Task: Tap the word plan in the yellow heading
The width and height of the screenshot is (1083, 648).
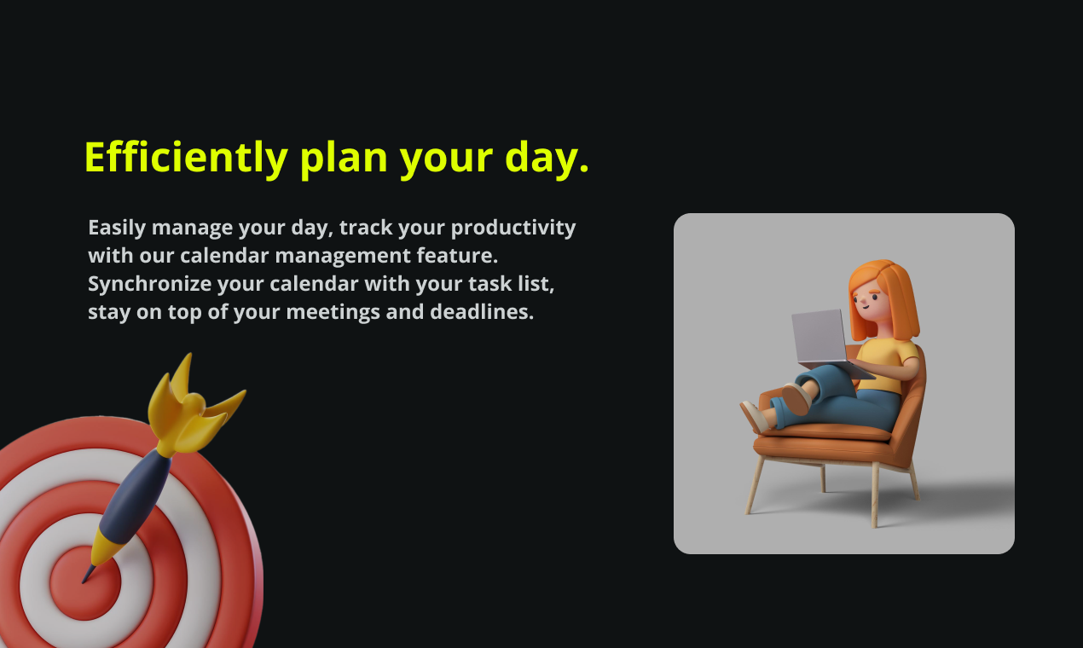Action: coord(344,159)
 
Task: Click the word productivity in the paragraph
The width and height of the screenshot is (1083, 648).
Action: coord(513,229)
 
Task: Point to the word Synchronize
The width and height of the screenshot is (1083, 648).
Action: coord(149,284)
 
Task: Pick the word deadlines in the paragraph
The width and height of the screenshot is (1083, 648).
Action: coord(482,312)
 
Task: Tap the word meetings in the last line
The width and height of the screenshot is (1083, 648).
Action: coord(333,313)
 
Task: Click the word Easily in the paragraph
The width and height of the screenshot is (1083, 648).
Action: coord(117,229)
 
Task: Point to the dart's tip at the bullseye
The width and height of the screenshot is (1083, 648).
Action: coord(84,582)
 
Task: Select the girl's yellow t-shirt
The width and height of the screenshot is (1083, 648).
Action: coord(887,362)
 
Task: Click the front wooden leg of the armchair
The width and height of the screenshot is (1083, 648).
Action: coord(875,495)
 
